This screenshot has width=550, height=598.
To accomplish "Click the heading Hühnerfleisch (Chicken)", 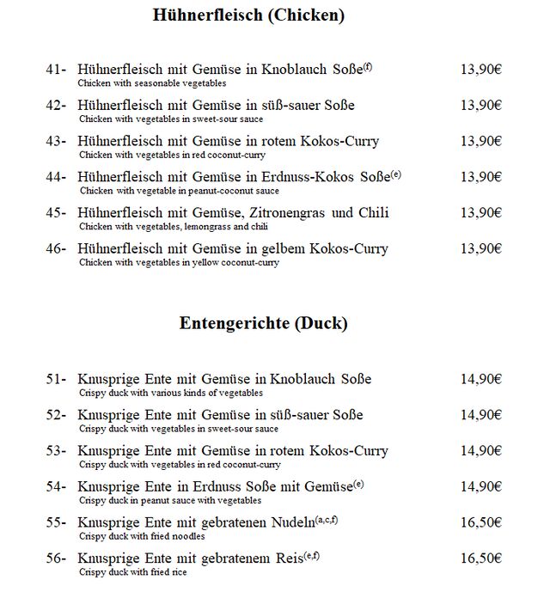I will tap(249, 15).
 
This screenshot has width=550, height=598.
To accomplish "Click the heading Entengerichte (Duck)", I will tap(263, 324).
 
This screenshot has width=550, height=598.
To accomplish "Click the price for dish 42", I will tap(480, 106).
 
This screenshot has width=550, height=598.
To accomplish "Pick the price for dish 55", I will tap(480, 522).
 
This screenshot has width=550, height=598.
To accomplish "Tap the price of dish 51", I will tap(480, 379).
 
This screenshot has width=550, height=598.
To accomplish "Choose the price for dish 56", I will tap(480, 558).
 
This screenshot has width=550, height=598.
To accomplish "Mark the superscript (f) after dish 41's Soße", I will tap(368, 66).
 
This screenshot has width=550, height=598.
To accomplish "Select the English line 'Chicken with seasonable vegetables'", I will tap(151, 84).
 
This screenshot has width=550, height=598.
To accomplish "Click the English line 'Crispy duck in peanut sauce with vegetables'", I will tap(170, 500).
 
